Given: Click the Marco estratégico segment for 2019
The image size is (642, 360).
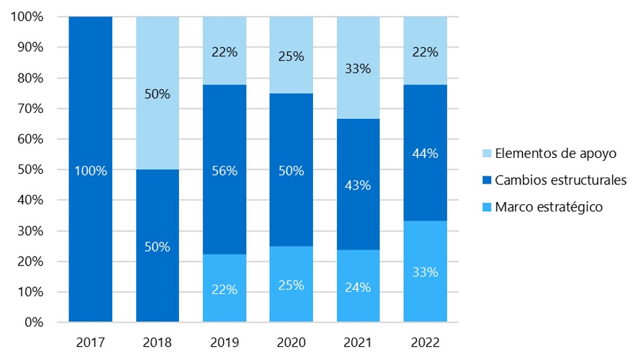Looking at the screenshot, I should click(x=225, y=288).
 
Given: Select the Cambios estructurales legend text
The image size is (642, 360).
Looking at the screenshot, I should click(x=559, y=180).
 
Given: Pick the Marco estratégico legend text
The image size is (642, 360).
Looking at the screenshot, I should click(x=549, y=207).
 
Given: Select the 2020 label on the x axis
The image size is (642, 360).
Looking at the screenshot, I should click(x=291, y=343).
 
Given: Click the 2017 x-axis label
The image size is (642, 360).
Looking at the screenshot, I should click(x=90, y=343).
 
